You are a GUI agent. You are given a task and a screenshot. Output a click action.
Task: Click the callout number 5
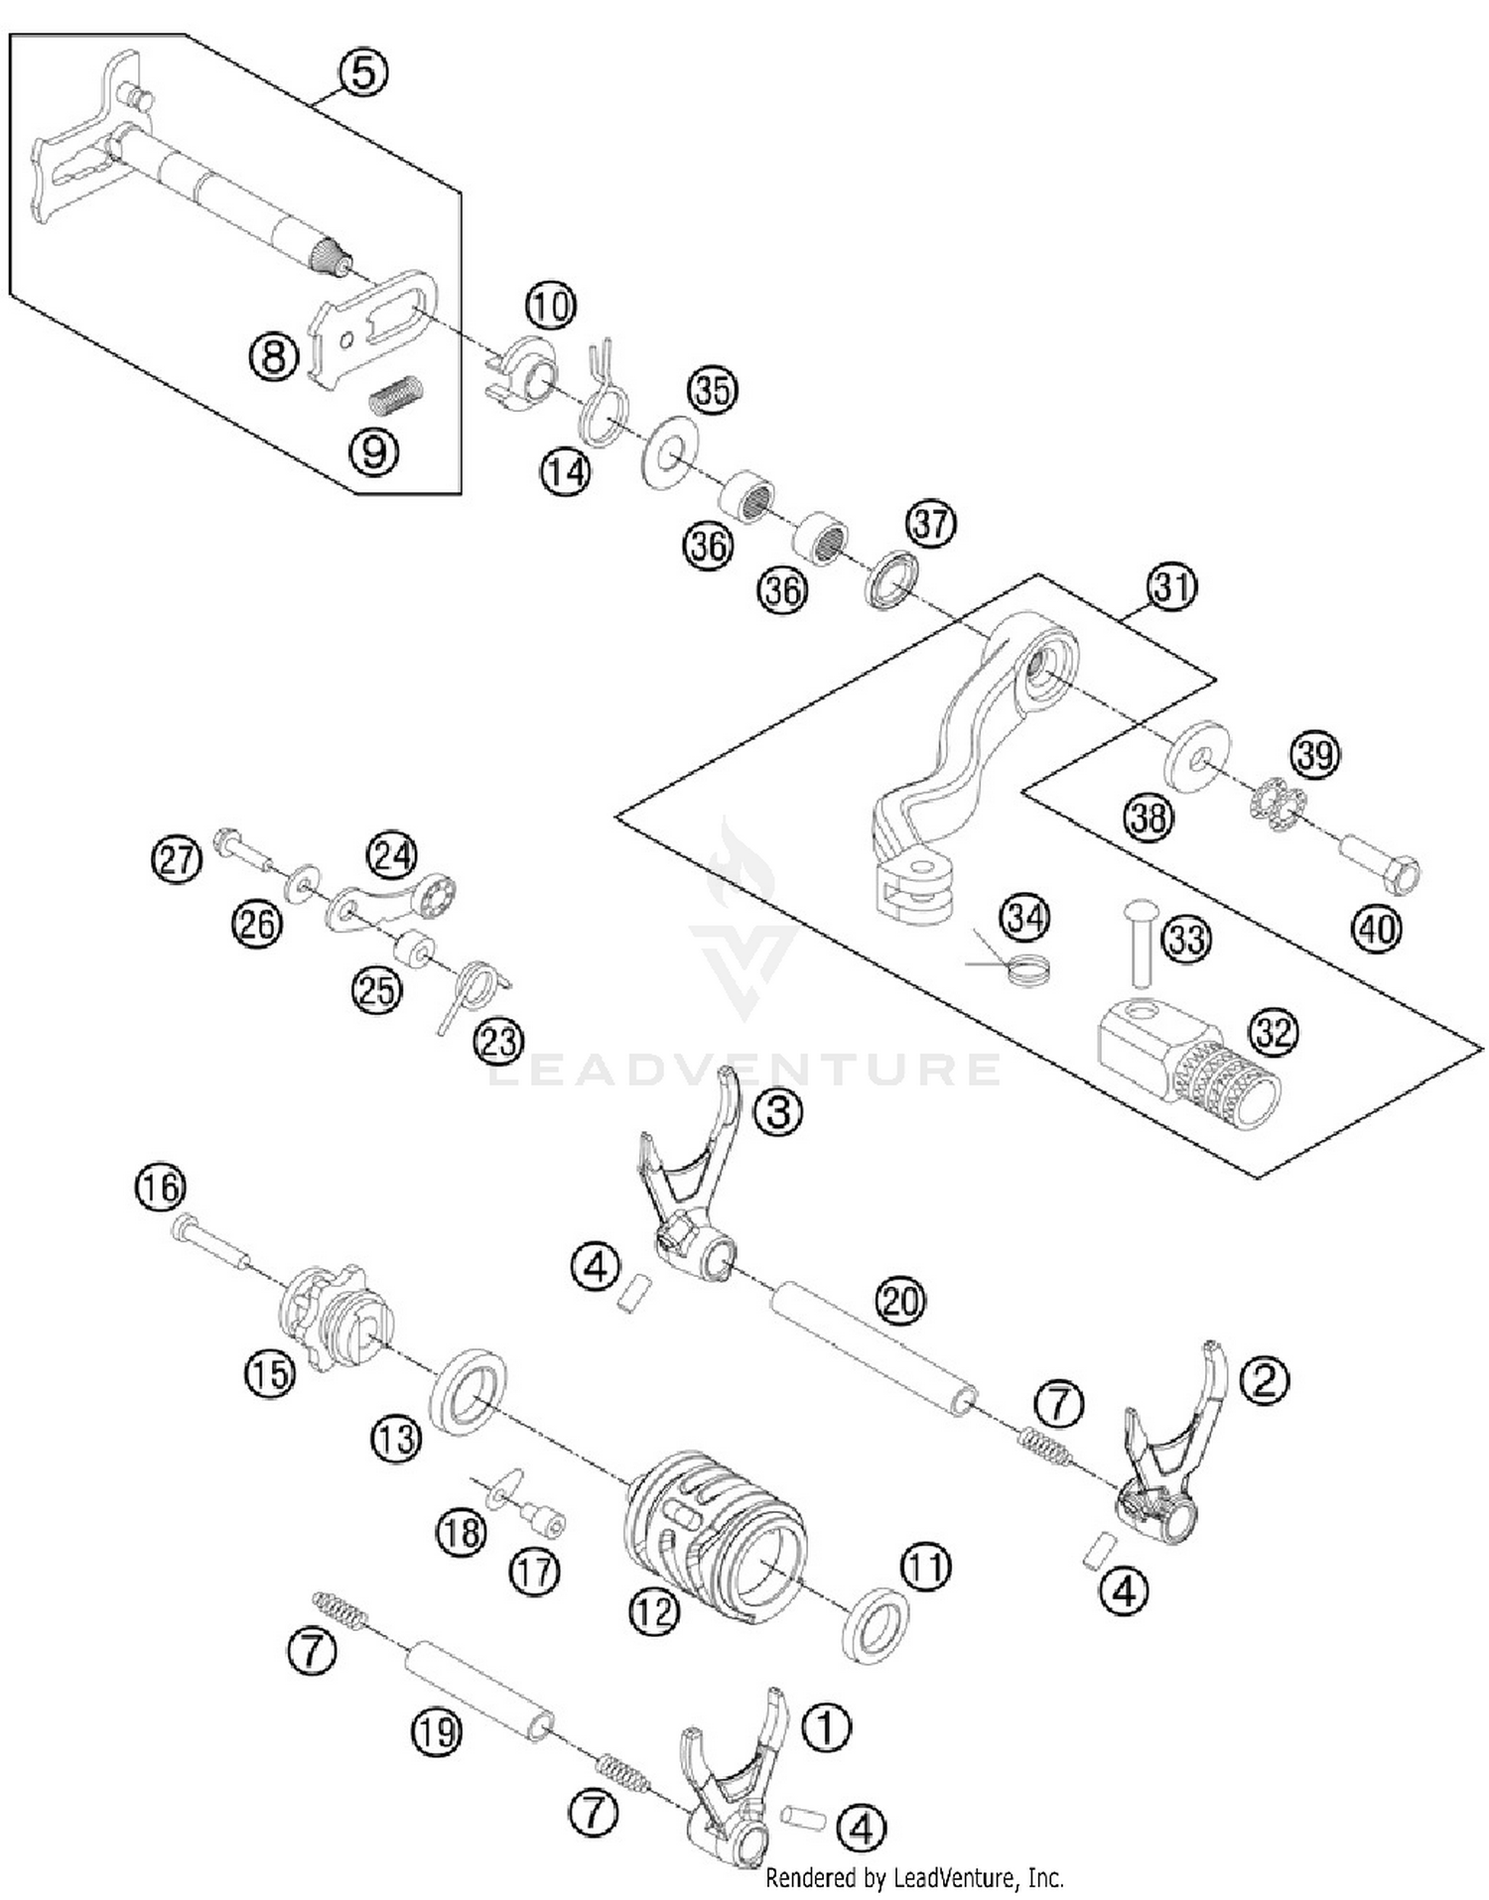click(x=363, y=72)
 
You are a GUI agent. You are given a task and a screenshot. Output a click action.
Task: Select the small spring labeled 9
click(x=396, y=395)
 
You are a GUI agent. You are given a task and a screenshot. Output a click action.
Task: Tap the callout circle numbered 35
click(x=713, y=390)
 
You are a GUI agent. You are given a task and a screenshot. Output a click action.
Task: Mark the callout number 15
click(x=270, y=1373)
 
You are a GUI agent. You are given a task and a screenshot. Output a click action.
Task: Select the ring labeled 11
click(x=875, y=1625)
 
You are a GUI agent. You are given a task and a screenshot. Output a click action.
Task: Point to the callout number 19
click(x=437, y=1732)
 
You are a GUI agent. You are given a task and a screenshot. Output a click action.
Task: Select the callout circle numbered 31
click(x=1172, y=586)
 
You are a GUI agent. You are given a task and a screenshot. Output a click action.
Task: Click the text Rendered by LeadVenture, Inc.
click(x=914, y=1877)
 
